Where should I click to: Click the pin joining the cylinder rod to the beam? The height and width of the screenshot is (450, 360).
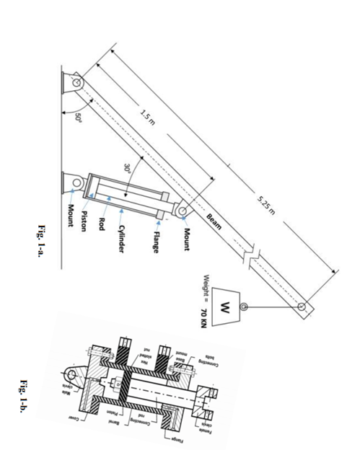[183, 211]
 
